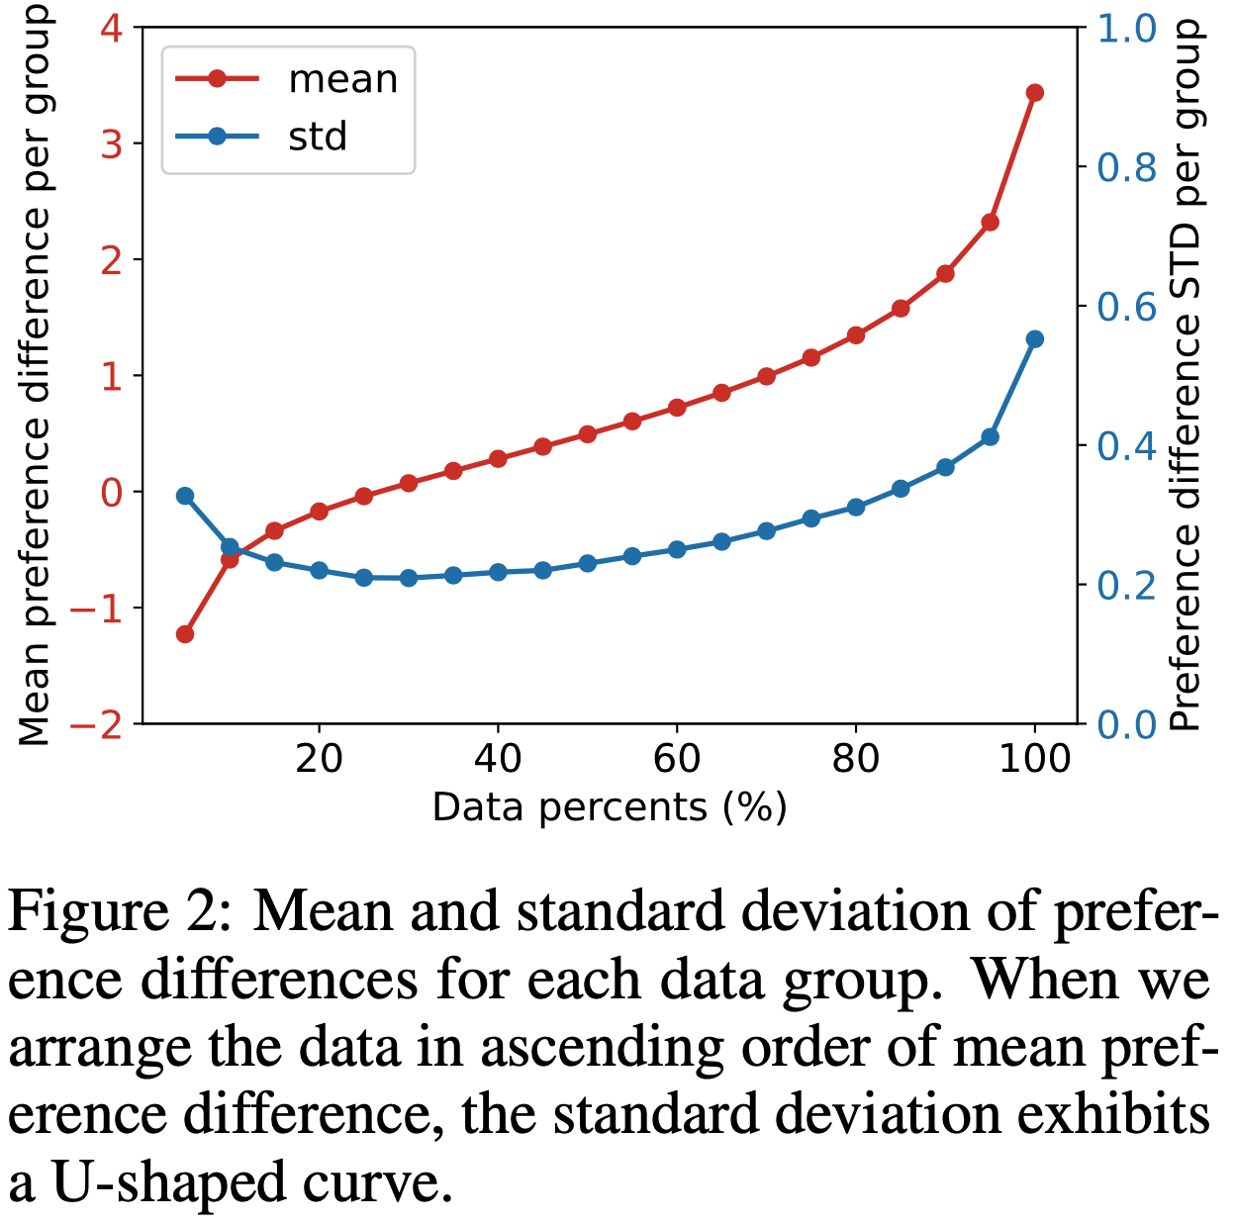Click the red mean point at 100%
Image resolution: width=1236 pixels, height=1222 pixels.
click(1035, 93)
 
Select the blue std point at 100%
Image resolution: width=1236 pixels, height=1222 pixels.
click(1035, 339)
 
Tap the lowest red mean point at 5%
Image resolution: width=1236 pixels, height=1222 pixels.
click(185, 634)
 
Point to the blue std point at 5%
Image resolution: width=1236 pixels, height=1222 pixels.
click(185, 496)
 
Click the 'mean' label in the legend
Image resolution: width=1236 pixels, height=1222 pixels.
click(342, 79)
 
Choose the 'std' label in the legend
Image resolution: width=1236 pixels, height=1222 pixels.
click(318, 137)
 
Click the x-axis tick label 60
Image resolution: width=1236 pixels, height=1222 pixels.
click(677, 759)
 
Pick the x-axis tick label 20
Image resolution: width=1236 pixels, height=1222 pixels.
click(319, 759)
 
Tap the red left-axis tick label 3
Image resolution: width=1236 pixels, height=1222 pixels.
click(111, 143)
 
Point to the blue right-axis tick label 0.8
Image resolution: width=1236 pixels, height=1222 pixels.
click(1127, 168)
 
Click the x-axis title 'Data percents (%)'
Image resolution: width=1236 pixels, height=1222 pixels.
click(610, 808)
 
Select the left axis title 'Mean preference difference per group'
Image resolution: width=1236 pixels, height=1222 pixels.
click(35, 376)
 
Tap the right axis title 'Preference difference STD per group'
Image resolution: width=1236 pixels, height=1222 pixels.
click(1186, 376)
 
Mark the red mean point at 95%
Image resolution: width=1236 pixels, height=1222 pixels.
click(990, 223)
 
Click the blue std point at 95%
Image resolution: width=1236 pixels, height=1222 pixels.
click(990, 437)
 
